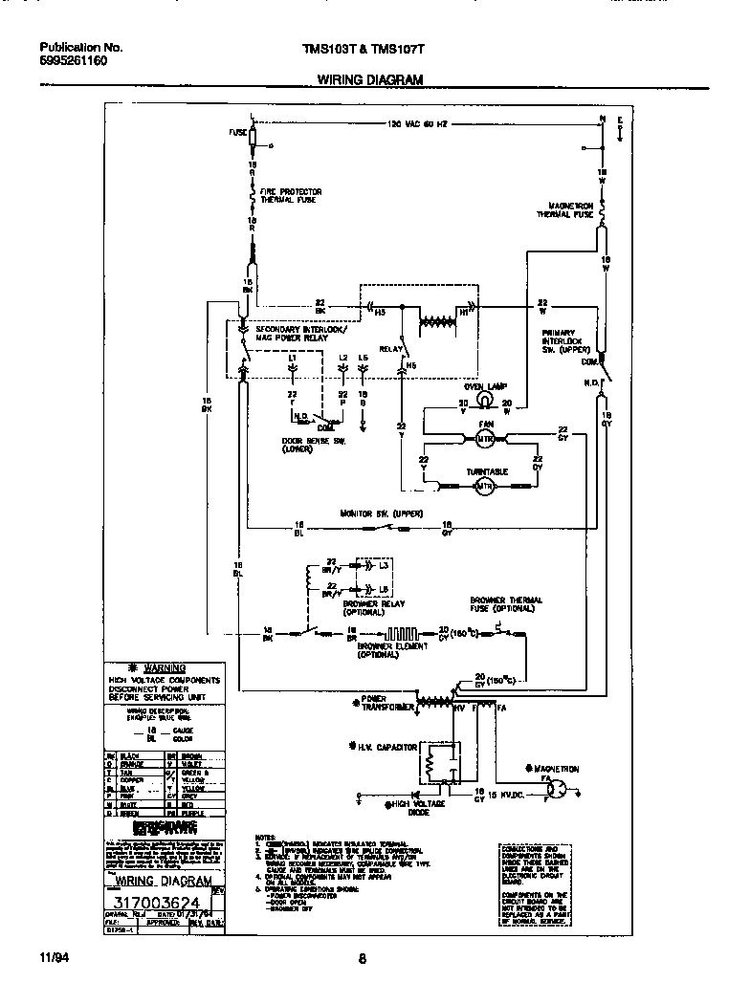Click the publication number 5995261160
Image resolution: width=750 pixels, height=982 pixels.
pos(74,60)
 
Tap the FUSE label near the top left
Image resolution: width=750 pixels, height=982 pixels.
pos(237,133)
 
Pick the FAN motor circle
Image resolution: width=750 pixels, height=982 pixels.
pos(483,437)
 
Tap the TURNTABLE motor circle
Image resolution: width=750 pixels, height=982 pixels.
pos(484,487)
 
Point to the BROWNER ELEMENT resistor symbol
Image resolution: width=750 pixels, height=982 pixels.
pos(400,632)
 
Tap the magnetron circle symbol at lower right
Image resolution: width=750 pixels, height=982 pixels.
pos(563,790)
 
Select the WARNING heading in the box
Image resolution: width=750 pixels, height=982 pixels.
pos(164,667)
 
